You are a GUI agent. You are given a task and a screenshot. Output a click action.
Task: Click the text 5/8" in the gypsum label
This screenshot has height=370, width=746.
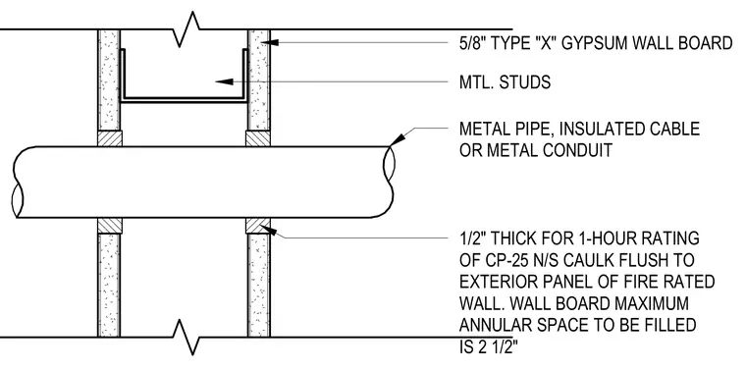tap(472, 43)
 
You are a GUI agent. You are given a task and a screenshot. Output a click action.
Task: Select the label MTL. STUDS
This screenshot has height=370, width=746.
tap(505, 82)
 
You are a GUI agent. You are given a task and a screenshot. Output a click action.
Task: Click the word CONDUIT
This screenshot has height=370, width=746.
tap(570, 150)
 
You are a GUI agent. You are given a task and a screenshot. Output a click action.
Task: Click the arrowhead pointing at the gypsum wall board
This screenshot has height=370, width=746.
tap(268, 43)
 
